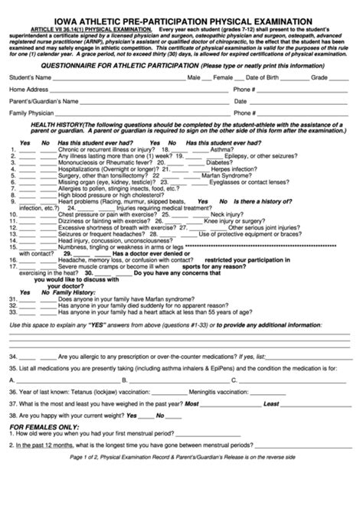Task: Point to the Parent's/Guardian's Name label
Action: [x=43, y=101]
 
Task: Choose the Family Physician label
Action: [x=31, y=113]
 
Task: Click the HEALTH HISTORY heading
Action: [x=57, y=125]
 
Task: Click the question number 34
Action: [x=14, y=357]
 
